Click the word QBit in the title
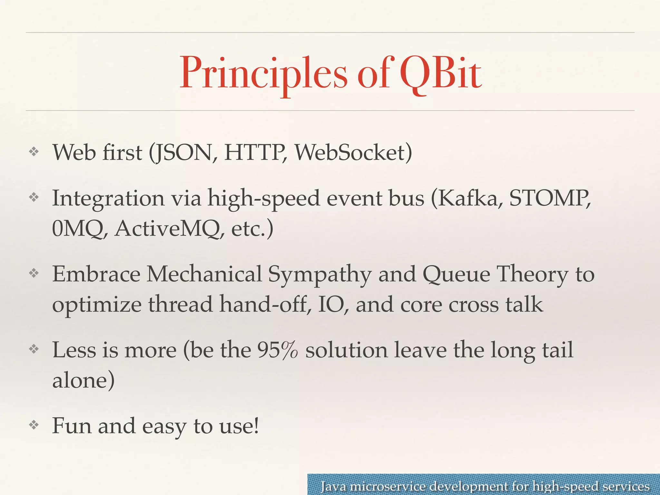coord(441,73)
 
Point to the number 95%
coord(277,350)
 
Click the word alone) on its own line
coord(83,380)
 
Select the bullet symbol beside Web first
coord(34,152)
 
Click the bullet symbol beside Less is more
coord(34,349)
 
